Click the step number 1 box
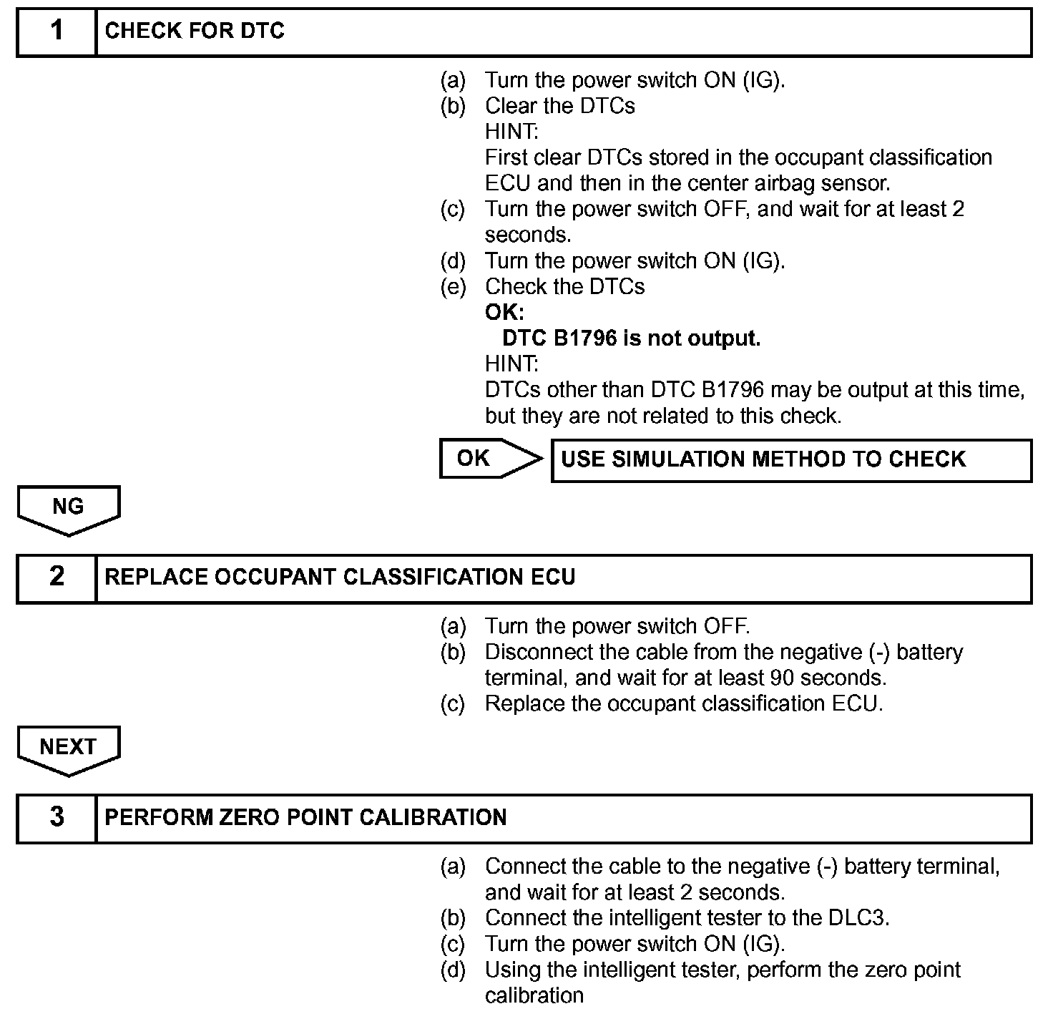click(x=57, y=31)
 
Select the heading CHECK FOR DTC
click(x=195, y=31)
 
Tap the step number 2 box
click(x=57, y=577)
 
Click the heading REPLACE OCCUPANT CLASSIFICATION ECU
click(x=340, y=577)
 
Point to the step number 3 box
click(x=57, y=817)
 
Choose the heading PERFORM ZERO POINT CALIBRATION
click(x=305, y=817)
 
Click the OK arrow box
click(x=489, y=459)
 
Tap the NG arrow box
click(x=69, y=508)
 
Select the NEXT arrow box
click(x=69, y=748)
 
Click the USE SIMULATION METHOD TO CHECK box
click(x=791, y=459)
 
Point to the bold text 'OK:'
click(x=504, y=313)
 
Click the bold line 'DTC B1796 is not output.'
click(x=631, y=338)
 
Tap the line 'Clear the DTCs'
click(x=559, y=106)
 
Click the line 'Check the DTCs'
click(x=564, y=287)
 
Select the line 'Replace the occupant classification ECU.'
click(x=684, y=703)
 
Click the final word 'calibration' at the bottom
click(x=534, y=995)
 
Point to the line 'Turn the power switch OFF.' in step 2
click(x=617, y=626)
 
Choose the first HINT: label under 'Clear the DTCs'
click(x=511, y=132)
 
